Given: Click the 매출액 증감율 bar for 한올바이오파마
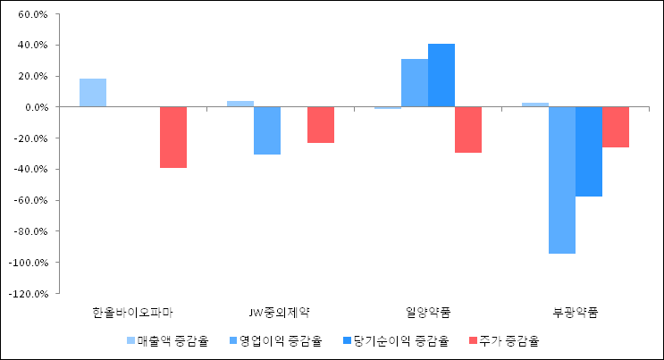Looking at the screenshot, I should [93, 93].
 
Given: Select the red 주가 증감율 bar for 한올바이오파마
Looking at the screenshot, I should [173, 137].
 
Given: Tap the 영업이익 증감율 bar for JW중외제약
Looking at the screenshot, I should [267, 130].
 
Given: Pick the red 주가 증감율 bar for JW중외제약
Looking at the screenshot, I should [321, 125].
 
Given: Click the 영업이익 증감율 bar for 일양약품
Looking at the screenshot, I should [415, 83].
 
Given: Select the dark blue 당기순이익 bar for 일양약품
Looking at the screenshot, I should [441, 75].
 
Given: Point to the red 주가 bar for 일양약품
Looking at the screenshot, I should [468, 130].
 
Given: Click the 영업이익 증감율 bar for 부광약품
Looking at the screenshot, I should [562, 180].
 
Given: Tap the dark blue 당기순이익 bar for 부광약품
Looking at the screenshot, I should [589, 151].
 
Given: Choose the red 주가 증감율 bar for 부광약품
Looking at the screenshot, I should [616, 127].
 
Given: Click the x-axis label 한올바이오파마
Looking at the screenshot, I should [133, 312].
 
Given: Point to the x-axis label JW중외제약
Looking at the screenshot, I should [280, 312].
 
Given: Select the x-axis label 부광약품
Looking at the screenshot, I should [575, 312].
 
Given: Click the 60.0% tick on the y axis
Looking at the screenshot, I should [33, 14].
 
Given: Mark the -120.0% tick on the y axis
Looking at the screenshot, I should [29, 293].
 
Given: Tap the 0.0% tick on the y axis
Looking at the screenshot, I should [36, 107].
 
